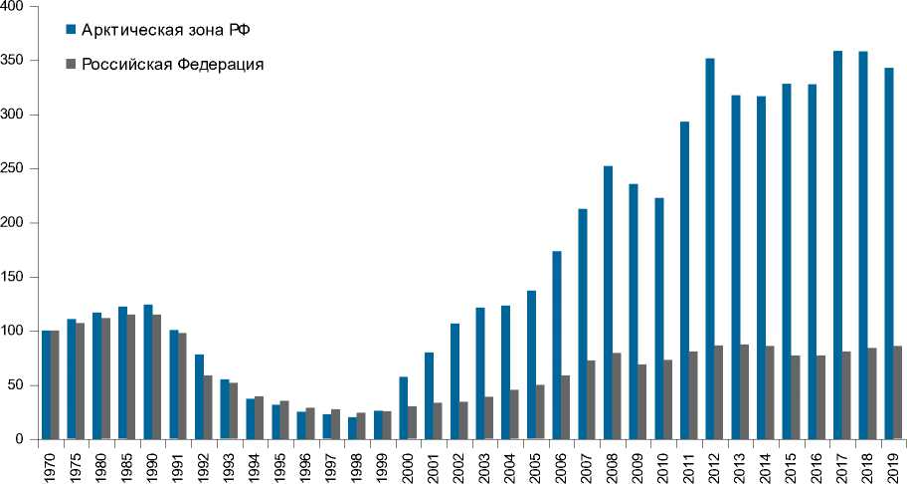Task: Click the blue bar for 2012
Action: tap(709, 249)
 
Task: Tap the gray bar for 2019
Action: tap(898, 392)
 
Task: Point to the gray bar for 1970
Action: tap(55, 384)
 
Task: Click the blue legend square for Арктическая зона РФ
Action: tap(70, 28)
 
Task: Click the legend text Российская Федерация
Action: tap(171, 65)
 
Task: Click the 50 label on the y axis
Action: tap(25, 385)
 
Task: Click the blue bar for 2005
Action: tap(531, 364)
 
